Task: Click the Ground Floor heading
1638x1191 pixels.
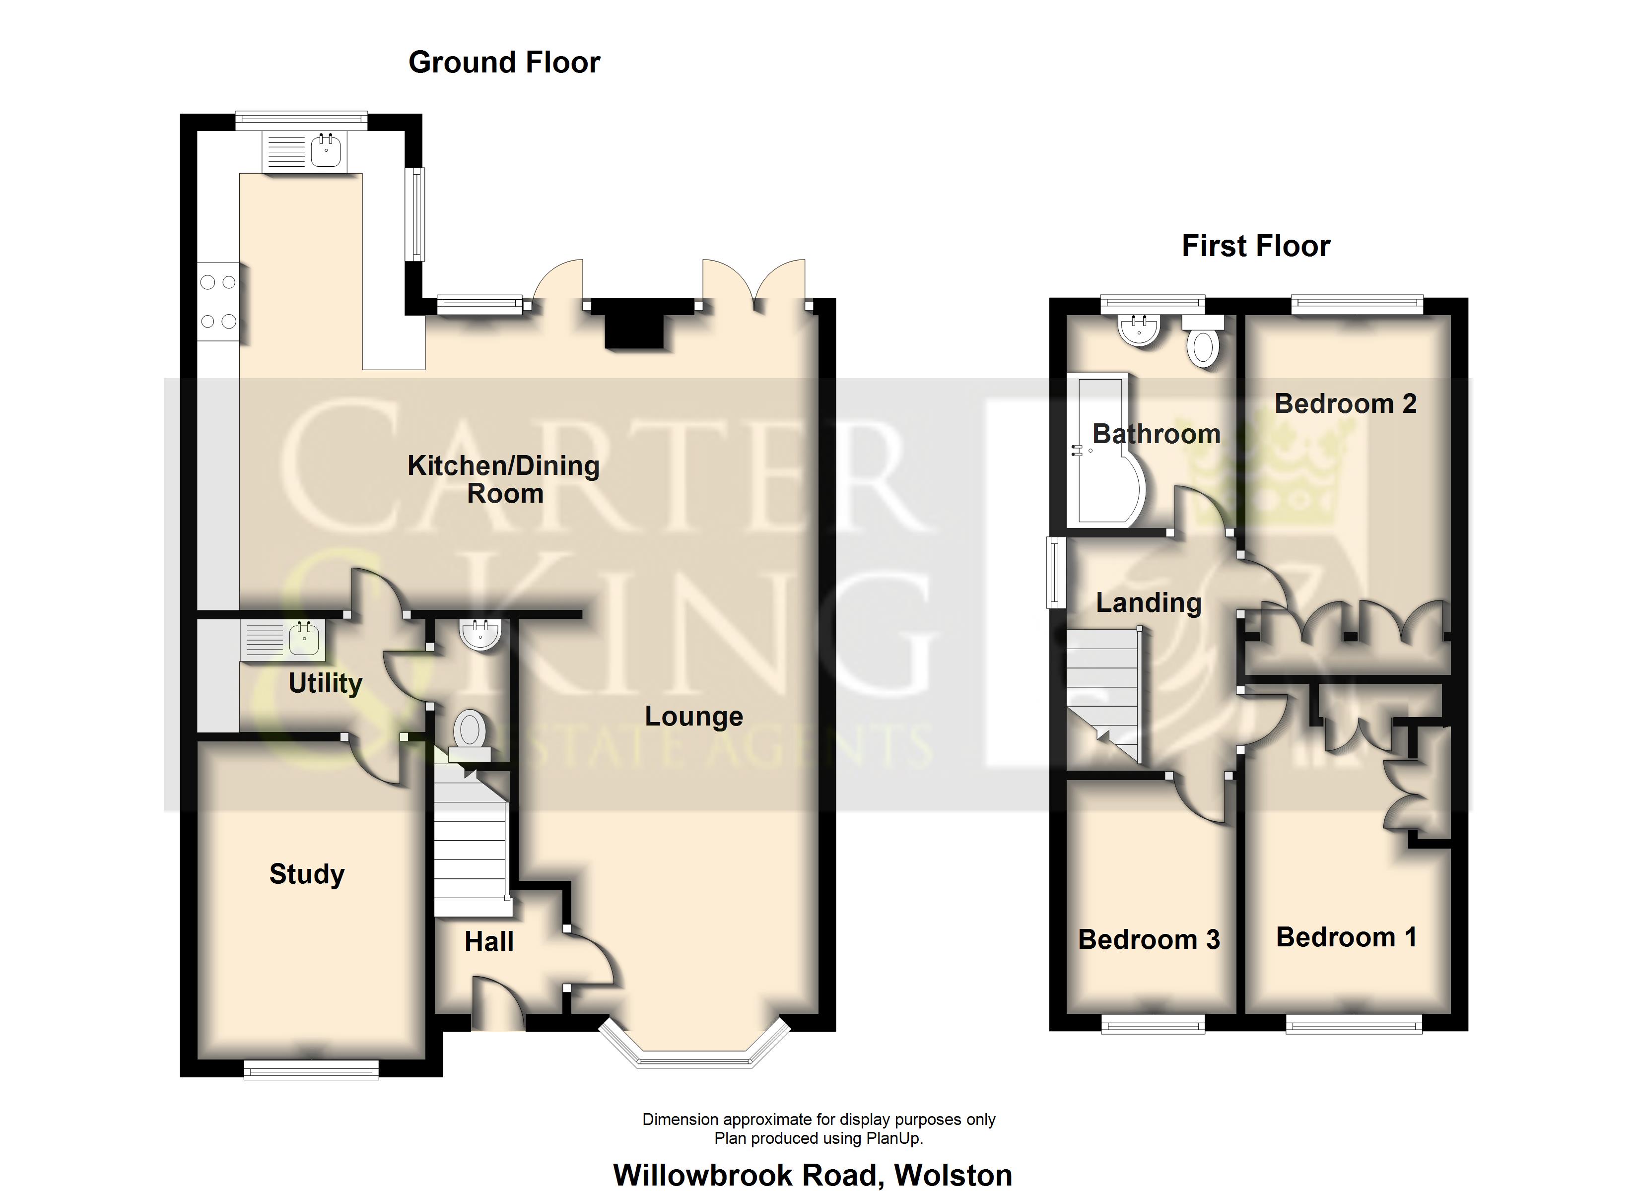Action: click(x=504, y=63)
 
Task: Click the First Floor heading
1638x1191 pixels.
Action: click(x=1255, y=246)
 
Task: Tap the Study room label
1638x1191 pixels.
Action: click(x=307, y=874)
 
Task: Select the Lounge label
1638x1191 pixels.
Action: click(x=693, y=717)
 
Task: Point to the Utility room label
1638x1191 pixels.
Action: click(x=325, y=682)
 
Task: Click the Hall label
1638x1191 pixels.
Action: click(x=489, y=942)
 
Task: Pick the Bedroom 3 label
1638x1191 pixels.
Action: click(x=1148, y=940)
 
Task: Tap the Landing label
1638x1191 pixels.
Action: click(x=1148, y=602)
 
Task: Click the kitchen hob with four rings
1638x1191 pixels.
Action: click(x=218, y=302)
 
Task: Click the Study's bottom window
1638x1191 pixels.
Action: click(x=311, y=1069)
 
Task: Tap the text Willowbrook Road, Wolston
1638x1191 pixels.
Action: click(x=813, y=1175)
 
